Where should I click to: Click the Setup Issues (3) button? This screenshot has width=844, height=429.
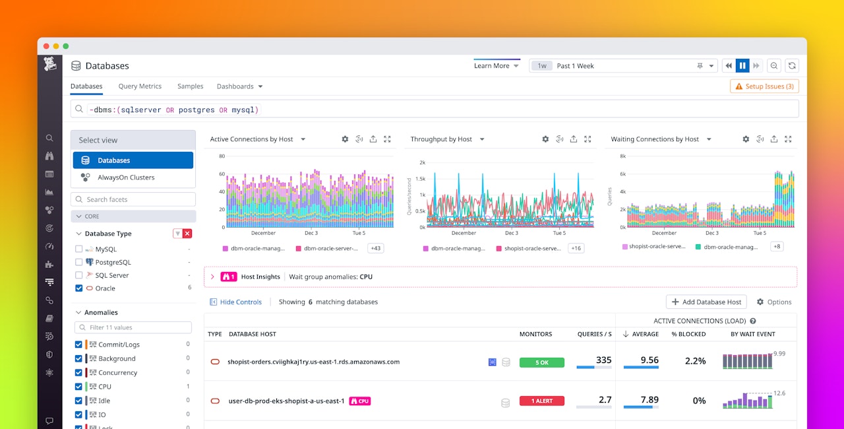764,86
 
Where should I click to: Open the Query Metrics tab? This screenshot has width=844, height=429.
140,86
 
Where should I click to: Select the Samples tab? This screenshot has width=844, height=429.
190,86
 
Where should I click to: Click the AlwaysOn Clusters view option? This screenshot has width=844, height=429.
126,178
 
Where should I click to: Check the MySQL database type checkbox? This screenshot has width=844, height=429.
79,249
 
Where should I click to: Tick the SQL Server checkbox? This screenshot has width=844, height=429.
79,275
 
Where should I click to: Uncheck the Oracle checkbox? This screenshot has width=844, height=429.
79,288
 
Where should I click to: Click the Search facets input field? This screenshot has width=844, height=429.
133,199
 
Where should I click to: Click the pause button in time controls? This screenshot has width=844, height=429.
742,66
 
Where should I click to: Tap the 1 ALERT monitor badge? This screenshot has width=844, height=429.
541,401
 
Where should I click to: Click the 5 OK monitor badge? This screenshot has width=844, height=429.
541,362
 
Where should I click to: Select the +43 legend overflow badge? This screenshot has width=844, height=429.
376,248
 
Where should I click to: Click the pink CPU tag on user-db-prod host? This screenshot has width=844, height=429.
359,401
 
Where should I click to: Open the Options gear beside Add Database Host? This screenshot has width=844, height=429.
773,302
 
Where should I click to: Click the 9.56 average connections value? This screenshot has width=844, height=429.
649,360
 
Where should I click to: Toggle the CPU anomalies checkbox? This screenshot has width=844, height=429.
79,387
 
